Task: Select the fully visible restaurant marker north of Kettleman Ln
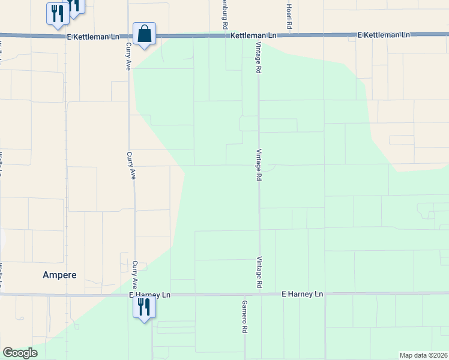(x=58, y=14)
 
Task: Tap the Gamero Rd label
(x=245, y=317)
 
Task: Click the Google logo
(x=20, y=353)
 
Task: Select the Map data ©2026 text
(x=423, y=355)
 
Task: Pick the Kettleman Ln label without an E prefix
(x=254, y=36)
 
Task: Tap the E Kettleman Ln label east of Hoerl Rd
(x=384, y=35)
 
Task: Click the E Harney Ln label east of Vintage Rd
(x=303, y=295)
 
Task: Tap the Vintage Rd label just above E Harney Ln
(x=259, y=273)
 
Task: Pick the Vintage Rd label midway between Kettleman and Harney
(x=259, y=165)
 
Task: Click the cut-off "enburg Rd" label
(x=224, y=16)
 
